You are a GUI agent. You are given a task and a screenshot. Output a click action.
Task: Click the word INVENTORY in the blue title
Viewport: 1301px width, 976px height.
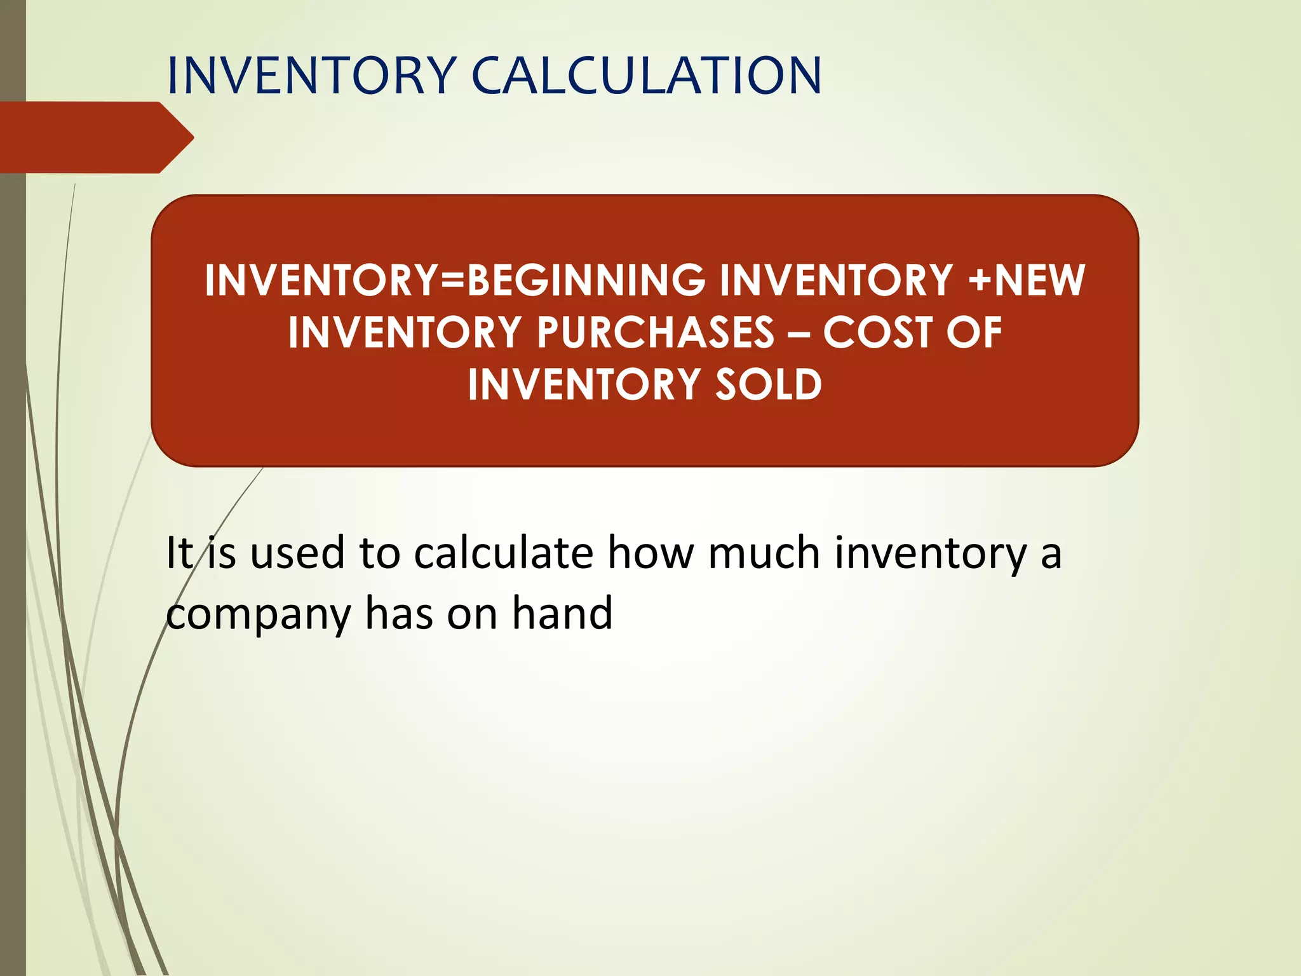pos(311,76)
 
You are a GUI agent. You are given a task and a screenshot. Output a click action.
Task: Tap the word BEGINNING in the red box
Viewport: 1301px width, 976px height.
pos(586,280)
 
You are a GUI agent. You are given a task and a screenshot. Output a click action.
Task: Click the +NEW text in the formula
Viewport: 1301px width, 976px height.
pos(1027,280)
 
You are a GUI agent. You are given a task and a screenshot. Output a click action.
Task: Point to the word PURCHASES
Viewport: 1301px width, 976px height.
pos(656,332)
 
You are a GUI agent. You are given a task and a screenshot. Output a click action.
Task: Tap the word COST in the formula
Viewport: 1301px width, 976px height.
pos(877,332)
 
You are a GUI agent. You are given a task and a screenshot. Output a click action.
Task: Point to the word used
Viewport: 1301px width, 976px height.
pos(297,552)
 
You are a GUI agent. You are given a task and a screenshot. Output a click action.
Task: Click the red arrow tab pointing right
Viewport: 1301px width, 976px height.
pos(95,137)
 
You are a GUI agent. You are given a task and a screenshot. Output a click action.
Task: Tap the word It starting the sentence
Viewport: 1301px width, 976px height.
pos(179,552)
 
